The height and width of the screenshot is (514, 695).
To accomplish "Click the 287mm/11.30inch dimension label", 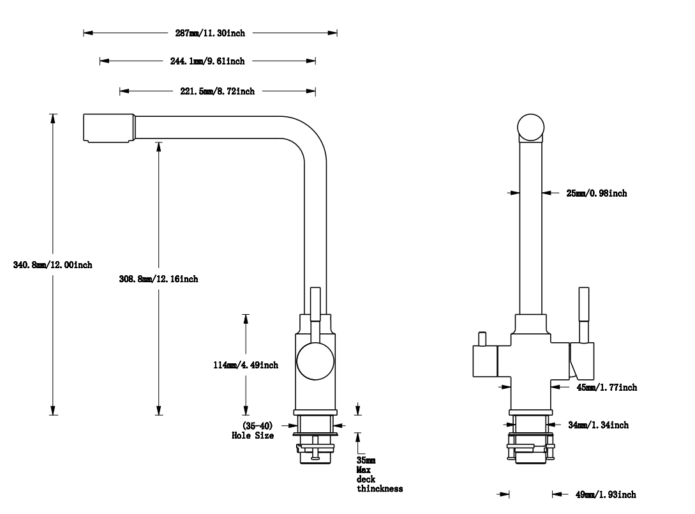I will (x=210, y=33).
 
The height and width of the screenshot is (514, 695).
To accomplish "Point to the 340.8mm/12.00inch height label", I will (x=53, y=265).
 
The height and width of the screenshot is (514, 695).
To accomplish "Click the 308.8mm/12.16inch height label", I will (x=159, y=279).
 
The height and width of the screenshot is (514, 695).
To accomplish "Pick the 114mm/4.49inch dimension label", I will (x=246, y=365).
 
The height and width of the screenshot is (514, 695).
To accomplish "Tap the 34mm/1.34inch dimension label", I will (x=597, y=425).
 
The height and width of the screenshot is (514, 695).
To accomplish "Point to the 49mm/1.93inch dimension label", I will (x=605, y=494).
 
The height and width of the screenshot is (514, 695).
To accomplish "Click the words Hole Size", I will (x=253, y=435).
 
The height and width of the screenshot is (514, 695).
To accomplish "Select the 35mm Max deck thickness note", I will (x=379, y=474).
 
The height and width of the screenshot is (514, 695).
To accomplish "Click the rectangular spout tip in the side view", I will (x=108, y=128).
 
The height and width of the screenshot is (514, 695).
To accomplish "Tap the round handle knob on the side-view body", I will (x=315, y=361).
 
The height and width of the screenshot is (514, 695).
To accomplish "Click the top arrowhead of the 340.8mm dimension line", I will (x=53, y=117).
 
